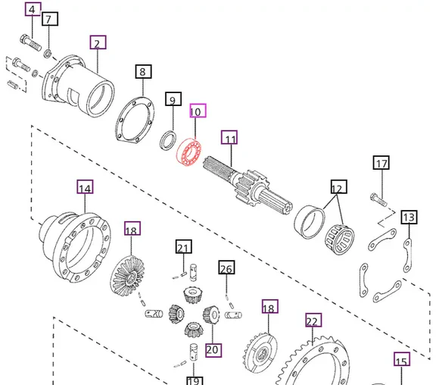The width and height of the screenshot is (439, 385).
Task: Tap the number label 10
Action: click(197, 111)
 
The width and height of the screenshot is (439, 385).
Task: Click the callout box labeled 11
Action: click(229, 138)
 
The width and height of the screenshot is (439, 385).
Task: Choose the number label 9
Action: click(173, 99)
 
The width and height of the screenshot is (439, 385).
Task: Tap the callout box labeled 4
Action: click(31, 10)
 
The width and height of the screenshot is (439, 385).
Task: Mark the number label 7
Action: click(49, 19)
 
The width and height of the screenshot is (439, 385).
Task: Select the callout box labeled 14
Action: click(85, 186)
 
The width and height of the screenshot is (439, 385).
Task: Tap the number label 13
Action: click(409, 218)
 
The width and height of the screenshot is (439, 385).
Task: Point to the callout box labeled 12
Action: click(337, 187)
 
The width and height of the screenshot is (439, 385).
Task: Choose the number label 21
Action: click(182, 247)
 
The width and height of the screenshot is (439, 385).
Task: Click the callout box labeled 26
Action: click(226, 268)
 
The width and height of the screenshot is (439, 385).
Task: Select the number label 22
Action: click(312, 321)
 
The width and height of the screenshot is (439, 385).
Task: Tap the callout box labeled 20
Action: click(213, 349)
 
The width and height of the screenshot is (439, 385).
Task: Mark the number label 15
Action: click(401, 361)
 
